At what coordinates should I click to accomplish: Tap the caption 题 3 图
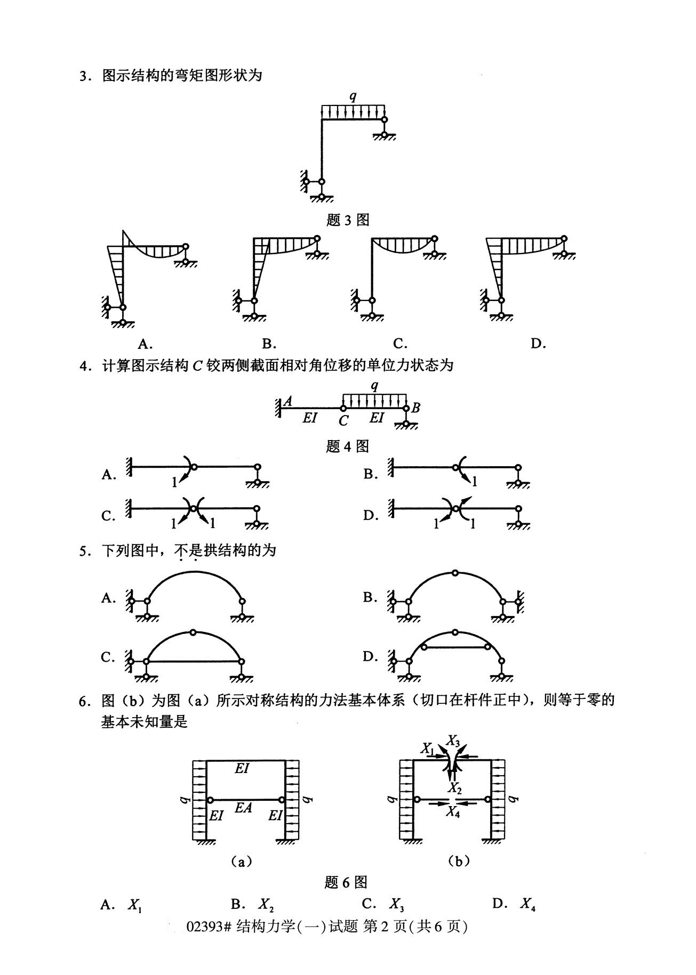click(x=347, y=220)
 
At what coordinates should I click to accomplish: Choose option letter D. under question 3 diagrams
click(x=538, y=344)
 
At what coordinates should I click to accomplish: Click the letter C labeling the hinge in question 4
click(x=343, y=421)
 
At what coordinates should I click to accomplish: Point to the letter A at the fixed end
click(x=287, y=401)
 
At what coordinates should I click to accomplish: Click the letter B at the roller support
click(x=416, y=408)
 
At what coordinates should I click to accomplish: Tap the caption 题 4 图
click(x=347, y=446)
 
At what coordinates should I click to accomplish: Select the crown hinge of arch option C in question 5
click(x=193, y=632)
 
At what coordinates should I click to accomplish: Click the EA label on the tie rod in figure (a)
click(x=243, y=808)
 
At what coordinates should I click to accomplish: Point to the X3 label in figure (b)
click(x=453, y=740)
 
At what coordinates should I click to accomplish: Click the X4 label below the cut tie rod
click(x=453, y=811)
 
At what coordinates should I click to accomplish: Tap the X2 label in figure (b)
click(x=454, y=787)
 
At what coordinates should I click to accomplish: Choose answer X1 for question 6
click(x=134, y=904)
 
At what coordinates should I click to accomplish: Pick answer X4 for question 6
click(x=527, y=904)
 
